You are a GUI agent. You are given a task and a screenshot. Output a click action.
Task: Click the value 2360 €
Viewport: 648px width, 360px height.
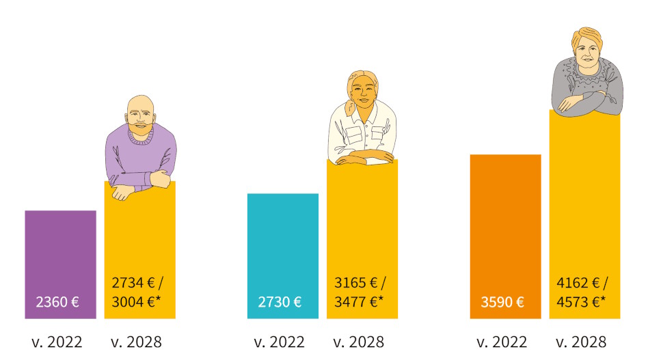click(57, 302)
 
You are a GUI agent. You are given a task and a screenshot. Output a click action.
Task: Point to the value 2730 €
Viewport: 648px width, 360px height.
click(280, 302)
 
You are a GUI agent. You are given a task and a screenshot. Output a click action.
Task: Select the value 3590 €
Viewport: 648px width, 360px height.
click(502, 302)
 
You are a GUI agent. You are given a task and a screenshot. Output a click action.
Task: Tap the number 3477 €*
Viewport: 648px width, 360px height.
click(358, 302)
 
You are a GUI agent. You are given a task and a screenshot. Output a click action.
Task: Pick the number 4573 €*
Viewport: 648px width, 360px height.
click(581, 302)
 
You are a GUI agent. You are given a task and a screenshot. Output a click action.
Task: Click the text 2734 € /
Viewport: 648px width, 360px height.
click(137, 282)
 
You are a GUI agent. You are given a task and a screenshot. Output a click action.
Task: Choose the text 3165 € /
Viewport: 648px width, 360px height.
click(360, 282)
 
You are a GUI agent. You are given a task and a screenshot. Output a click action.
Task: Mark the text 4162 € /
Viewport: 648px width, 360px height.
click(582, 282)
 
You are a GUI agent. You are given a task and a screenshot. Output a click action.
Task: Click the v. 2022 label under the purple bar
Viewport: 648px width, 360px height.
click(57, 342)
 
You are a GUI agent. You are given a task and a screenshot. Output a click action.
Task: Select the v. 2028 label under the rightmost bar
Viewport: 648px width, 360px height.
click(581, 342)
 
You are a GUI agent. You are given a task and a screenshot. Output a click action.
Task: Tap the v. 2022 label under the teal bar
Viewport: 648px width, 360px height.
click(280, 342)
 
